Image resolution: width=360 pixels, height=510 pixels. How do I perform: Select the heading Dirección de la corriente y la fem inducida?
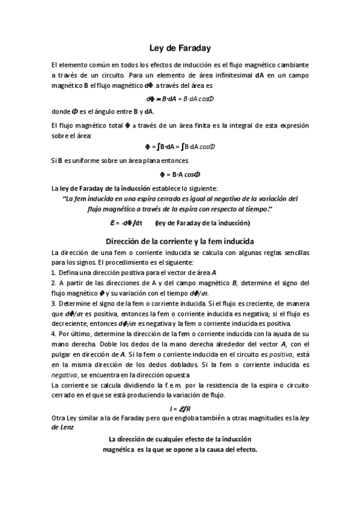click(180, 241)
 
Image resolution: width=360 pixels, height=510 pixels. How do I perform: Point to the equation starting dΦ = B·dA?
click(180, 99)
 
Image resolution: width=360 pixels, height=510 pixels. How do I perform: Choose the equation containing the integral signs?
click(180, 147)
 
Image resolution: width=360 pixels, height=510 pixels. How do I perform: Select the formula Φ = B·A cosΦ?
click(180, 174)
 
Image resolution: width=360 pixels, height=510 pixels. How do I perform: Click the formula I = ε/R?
click(180, 409)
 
